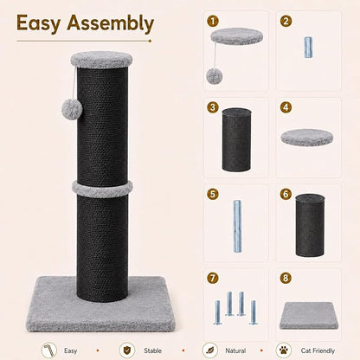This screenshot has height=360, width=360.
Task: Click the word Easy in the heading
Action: [x=38, y=23]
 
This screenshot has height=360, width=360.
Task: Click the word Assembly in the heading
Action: [x=111, y=23]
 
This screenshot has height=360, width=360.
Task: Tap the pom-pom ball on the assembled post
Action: [x=72, y=107]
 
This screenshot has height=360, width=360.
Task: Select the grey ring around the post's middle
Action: [x=102, y=189]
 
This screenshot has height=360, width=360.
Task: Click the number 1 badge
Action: [x=213, y=21]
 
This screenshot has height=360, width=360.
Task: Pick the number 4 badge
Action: [x=286, y=107]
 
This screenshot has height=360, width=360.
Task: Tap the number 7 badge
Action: [x=213, y=278]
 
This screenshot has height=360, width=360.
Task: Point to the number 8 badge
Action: [x=286, y=278]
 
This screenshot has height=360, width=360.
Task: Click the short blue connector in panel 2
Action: [x=308, y=48]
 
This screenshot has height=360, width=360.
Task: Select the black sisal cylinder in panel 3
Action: [x=236, y=139]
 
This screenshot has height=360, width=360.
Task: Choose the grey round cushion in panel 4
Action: [x=307, y=138]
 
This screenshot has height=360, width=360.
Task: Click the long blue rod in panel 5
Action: [x=237, y=227]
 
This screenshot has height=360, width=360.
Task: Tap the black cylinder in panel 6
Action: [x=310, y=225]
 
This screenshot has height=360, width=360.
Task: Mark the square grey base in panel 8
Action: [x=309, y=315]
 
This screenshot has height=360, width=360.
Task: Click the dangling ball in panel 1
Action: [x=214, y=75]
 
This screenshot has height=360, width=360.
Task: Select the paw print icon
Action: [x=285, y=350]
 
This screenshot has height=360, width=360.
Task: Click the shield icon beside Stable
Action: [x=127, y=350]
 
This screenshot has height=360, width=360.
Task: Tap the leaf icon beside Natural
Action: [x=209, y=350]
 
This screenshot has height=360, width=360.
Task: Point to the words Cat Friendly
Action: [x=318, y=350]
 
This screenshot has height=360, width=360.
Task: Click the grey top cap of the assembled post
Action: [x=101, y=60]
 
